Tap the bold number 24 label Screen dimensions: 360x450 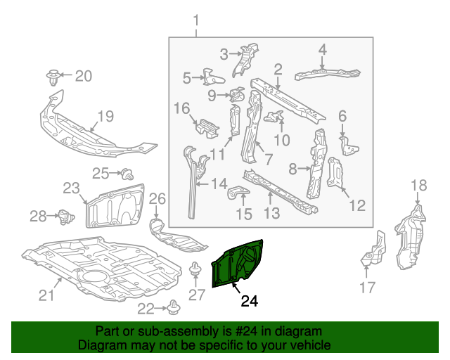(x=249, y=302)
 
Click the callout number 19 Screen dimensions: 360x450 (x=105, y=117)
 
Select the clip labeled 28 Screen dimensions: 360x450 (x=65, y=215)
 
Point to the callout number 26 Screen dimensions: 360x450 (x=157, y=199)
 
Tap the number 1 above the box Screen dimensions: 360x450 (x=196, y=20)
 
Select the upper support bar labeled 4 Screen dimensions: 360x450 (x=327, y=72)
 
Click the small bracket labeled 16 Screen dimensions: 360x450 (x=206, y=128)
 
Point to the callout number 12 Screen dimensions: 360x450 (x=357, y=205)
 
